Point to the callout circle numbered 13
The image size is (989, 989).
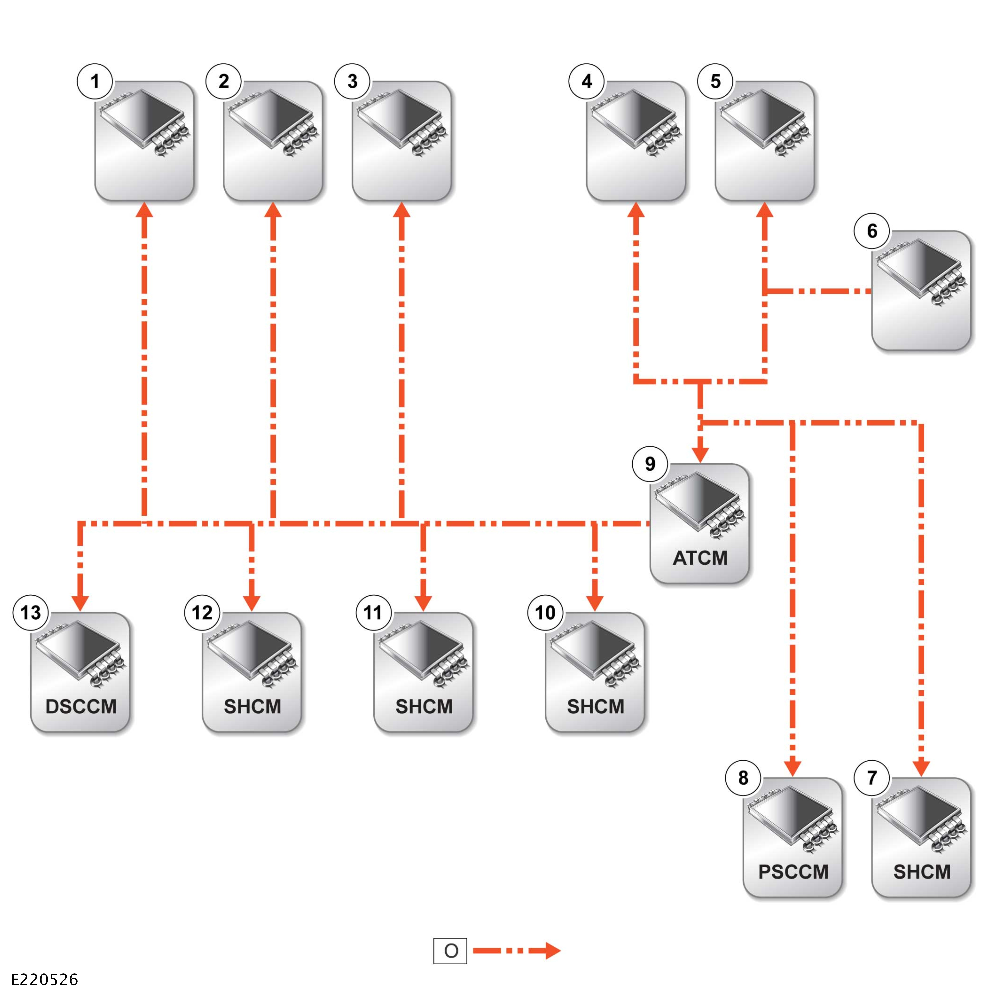coord(30,612)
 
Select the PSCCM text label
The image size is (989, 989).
coord(793,872)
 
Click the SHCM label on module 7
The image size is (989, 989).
coord(921,872)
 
